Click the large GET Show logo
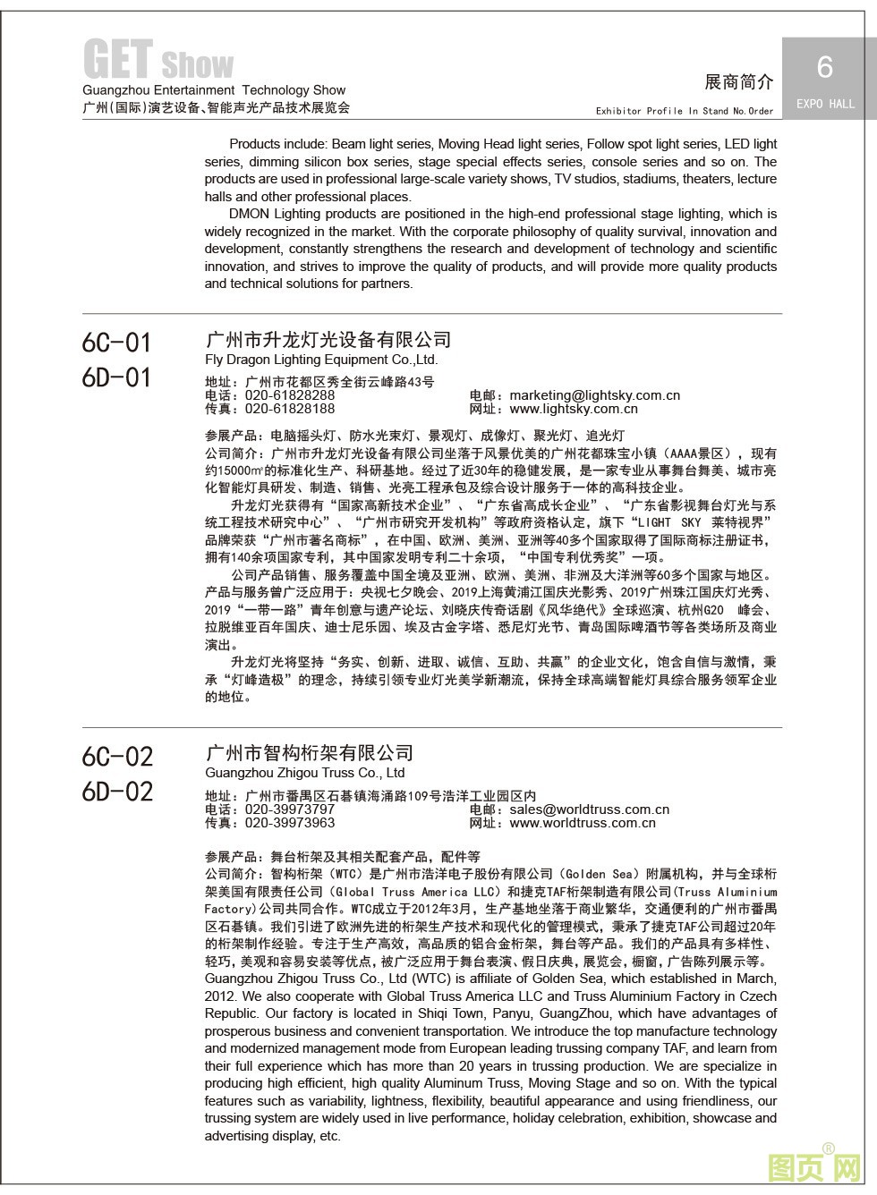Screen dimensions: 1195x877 tap(158, 61)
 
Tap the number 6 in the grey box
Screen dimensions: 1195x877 tap(824, 67)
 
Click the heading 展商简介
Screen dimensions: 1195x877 tap(738, 82)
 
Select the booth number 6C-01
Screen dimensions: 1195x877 tap(116, 343)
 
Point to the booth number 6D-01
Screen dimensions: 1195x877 tap(116, 377)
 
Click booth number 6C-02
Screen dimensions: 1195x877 tap(117, 757)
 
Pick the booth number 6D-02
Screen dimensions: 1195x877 tap(117, 792)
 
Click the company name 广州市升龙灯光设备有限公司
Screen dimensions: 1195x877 tap(328, 340)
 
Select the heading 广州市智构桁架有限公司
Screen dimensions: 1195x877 tap(310, 753)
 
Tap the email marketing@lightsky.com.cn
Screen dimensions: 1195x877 tap(594, 395)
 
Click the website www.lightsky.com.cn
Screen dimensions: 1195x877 tap(574, 409)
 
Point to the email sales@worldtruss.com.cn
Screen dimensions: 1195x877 tap(589, 809)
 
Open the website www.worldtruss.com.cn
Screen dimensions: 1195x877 tap(583, 823)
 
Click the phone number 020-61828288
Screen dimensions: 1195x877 tap(290, 395)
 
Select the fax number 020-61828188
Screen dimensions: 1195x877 tap(290, 409)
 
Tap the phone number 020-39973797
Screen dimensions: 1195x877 tap(290, 809)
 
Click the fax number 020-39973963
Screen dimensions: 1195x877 tap(290, 823)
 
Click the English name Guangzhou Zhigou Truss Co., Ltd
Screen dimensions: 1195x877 tap(304, 773)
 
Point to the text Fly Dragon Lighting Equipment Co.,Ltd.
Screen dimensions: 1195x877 tap(321, 360)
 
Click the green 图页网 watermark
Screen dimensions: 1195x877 tap(814, 1167)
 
